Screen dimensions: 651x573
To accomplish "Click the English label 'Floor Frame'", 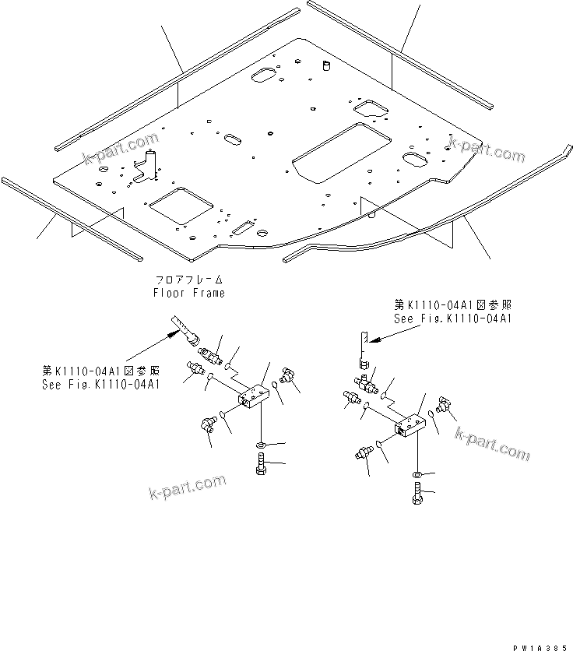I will tap(188, 293).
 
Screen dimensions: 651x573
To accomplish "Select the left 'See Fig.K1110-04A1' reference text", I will tap(101, 384).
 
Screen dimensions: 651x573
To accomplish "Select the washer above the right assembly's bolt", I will tap(418, 473).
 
